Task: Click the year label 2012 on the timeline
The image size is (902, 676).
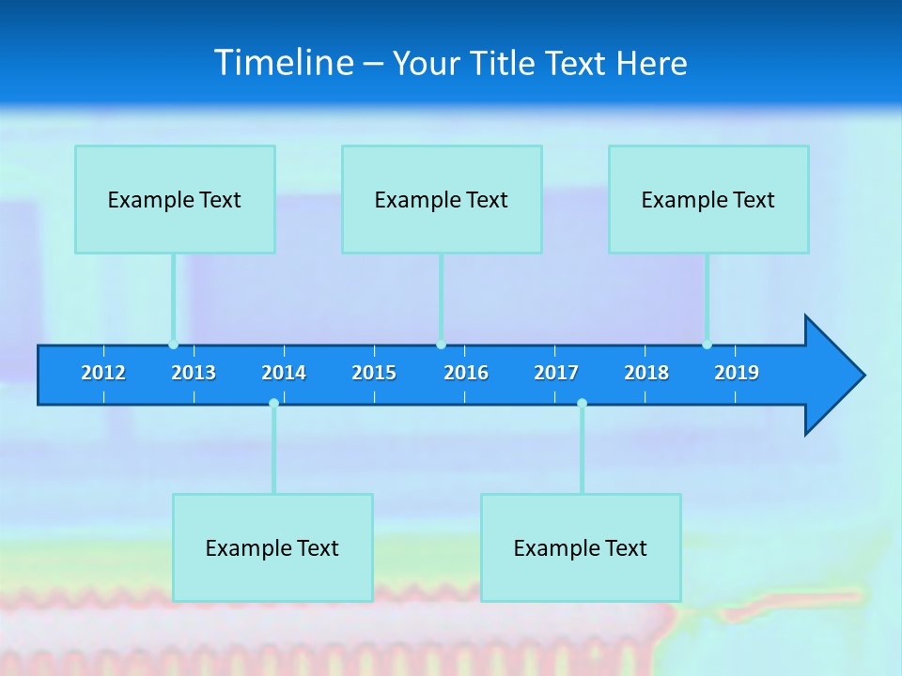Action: pos(103,373)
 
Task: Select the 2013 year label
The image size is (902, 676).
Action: pos(194,373)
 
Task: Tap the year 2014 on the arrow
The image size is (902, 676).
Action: pos(284,373)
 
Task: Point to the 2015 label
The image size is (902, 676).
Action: pos(374,373)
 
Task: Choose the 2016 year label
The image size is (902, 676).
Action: pos(466,373)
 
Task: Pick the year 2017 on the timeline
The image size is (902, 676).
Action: pos(556,373)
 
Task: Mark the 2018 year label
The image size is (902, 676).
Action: pos(646,373)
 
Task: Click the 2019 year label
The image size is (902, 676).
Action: pos(737,373)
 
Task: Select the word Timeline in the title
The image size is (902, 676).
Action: pos(285,63)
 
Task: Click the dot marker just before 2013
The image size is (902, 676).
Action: pos(173,345)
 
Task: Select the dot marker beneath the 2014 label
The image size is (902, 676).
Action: pos(273,403)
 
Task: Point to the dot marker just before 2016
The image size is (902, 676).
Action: pos(441,345)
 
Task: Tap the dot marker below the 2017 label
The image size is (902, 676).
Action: pos(582,403)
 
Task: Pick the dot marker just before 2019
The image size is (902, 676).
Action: pos(707,345)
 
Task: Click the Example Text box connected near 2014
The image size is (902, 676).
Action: pos(272,547)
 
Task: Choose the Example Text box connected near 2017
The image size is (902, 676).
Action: pos(581,547)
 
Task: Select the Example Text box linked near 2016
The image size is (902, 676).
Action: pos(442,199)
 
